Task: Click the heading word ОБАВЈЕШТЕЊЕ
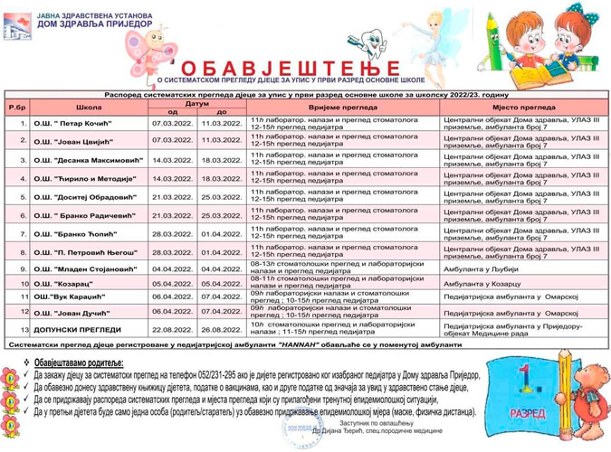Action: [x=289, y=68]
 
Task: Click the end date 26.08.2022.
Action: [x=220, y=328]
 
